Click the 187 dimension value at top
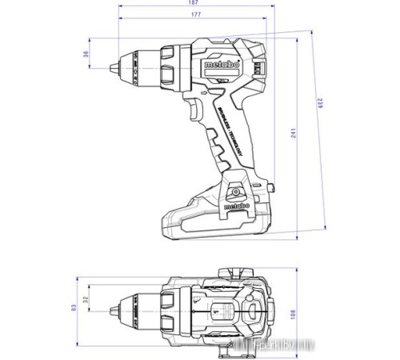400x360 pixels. point(195,3)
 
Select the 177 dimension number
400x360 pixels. point(195,15)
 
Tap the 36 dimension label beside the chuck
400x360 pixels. point(86,54)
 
